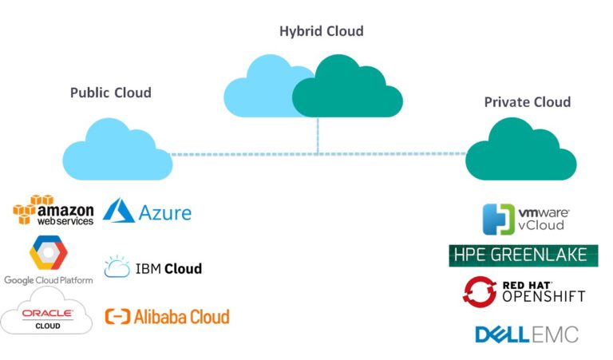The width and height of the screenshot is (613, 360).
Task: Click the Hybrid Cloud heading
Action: [321, 32]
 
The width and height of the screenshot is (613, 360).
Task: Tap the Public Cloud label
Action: [110, 93]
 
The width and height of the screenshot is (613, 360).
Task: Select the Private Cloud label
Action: [527, 102]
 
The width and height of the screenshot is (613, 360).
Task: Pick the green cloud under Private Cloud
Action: [520, 152]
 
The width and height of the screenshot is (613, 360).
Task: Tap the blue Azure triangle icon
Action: [119, 211]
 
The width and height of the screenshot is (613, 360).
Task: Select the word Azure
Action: [165, 213]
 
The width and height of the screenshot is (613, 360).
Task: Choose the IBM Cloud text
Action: [170, 268]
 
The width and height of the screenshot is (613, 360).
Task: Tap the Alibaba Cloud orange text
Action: [181, 316]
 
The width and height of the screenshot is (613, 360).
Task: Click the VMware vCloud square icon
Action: [499, 220]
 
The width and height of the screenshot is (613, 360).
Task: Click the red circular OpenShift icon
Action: [479, 291]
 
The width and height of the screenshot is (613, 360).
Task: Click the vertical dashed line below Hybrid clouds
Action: [318, 136]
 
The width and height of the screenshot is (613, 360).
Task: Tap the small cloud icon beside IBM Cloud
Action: [116, 267]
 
